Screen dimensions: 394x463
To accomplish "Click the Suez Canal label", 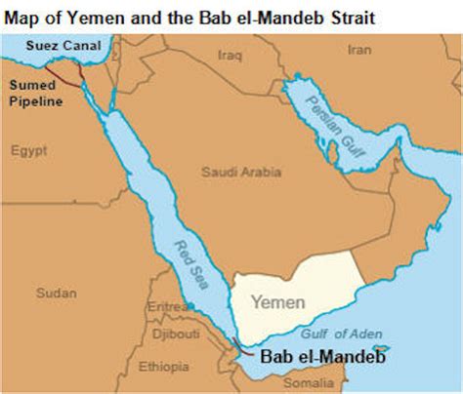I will (41, 45).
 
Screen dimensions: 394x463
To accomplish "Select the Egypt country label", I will (28, 150).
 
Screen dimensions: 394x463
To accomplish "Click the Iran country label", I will (359, 49).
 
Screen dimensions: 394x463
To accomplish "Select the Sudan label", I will (55, 293).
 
